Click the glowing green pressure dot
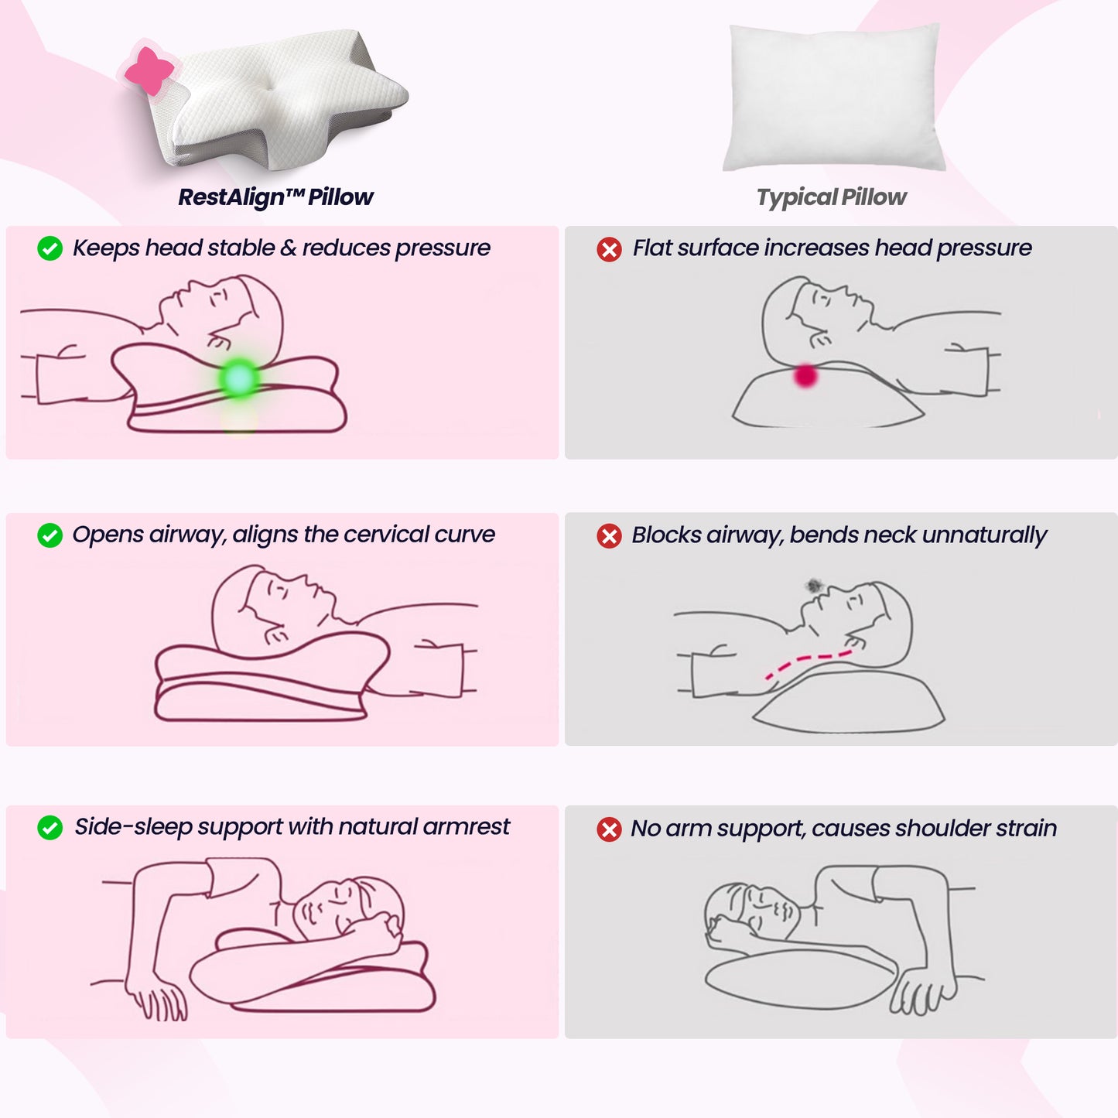point(239,378)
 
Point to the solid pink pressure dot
point(805,376)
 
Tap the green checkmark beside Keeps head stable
point(50,248)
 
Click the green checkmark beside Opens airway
point(50,535)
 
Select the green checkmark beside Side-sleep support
point(50,828)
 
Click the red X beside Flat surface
point(609,249)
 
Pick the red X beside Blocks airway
point(609,536)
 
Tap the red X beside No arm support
point(609,829)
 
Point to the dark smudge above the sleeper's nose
point(812,586)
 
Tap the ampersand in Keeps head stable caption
point(288,248)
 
